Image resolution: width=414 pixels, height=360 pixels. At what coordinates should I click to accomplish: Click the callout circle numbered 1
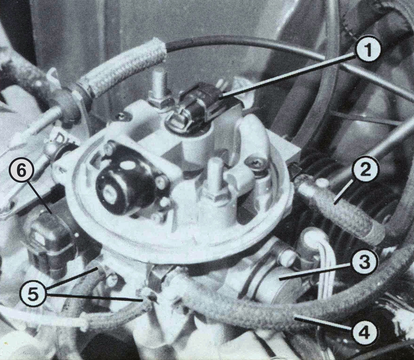pos(368,51)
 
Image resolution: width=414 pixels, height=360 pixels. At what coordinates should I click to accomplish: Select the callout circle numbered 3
pos(365,262)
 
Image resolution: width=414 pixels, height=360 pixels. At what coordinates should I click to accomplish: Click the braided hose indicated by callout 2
pos(341,211)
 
